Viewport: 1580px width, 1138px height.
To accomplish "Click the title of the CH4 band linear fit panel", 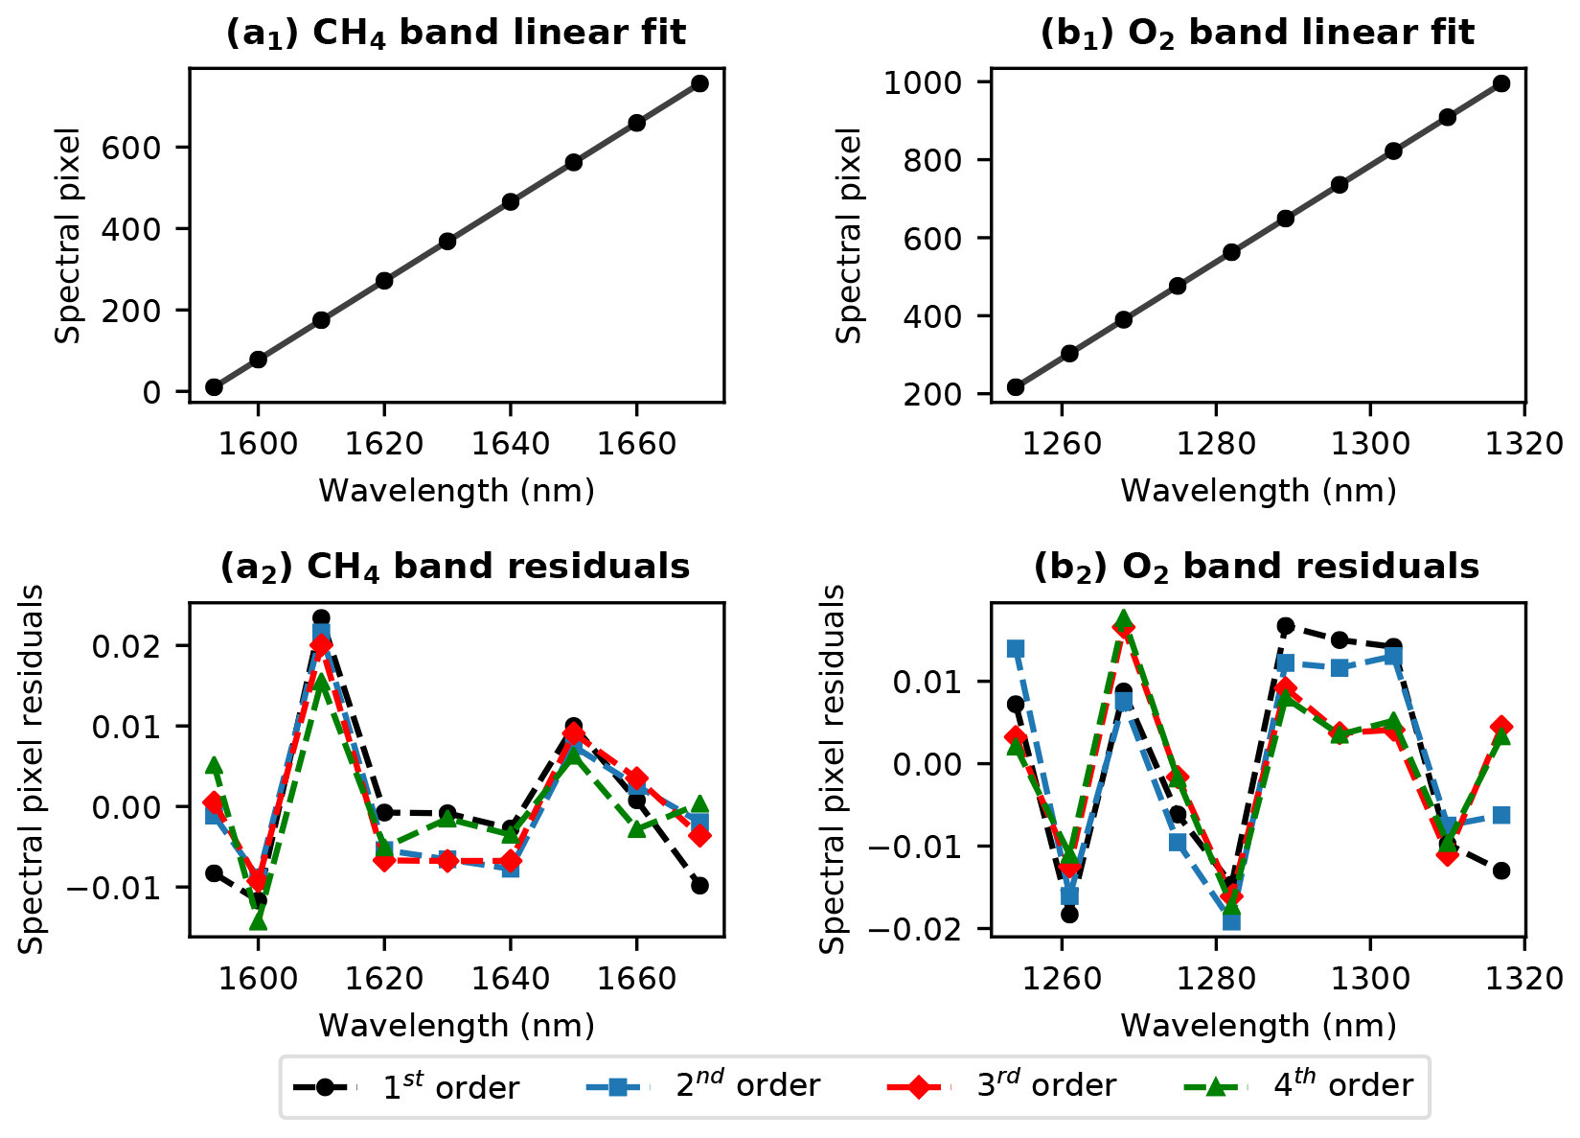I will [456, 34].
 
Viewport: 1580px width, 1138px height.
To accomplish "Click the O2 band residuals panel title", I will [1257, 567].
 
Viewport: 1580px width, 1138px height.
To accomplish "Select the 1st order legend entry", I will [406, 1086].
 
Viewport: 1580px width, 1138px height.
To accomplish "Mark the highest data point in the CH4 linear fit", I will [699, 83].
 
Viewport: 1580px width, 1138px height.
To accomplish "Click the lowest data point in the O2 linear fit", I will [1016, 387].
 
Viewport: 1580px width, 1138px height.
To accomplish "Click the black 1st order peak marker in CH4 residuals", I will [321, 618].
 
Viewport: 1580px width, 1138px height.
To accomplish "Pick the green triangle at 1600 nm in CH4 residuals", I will [258, 921].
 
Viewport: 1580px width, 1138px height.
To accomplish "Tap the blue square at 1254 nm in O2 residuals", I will [1016, 649].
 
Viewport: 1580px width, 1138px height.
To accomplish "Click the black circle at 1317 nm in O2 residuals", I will [1501, 871].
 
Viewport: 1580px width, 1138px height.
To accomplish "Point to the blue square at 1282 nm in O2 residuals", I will [1231, 921].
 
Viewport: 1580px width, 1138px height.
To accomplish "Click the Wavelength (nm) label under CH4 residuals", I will [456, 1026].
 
